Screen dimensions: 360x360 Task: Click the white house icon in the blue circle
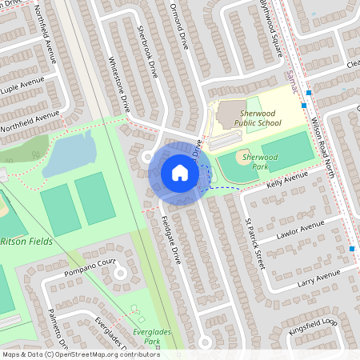[x=179, y=172]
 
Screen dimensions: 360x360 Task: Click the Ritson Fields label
[x=24, y=241]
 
